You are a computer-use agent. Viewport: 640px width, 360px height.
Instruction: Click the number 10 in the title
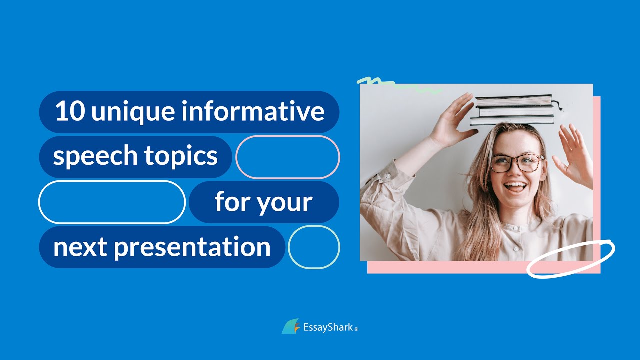[x=70, y=112]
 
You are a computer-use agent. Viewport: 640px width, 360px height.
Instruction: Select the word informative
[x=253, y=112]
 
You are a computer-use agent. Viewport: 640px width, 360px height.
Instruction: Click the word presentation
[x=192, y=247]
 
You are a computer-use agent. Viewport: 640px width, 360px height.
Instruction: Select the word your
[x=288, y=203]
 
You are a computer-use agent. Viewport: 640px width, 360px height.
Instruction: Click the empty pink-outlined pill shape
[x=288, y=157]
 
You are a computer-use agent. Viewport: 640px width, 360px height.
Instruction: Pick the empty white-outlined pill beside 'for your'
[x=112, y=202]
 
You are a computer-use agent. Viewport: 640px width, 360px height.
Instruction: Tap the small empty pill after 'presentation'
[x=314, y=247]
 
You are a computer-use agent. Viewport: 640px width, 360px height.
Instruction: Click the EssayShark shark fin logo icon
[x=291, y=327]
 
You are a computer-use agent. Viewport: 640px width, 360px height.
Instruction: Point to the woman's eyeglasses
[x=516, y=162]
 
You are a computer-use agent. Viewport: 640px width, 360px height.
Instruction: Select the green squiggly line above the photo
[x=397, y=85]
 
